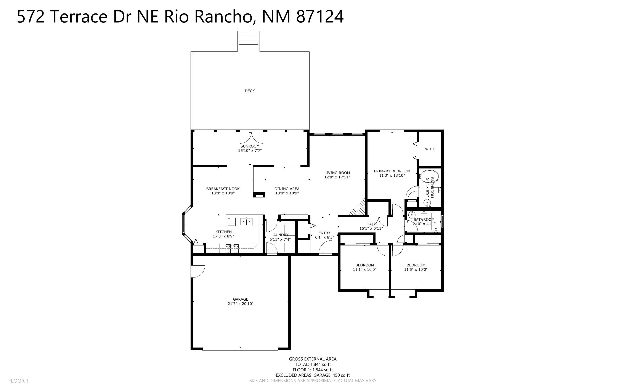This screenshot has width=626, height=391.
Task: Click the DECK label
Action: (x=250, y=91)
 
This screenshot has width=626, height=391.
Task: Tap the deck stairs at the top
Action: (x=249, y=42)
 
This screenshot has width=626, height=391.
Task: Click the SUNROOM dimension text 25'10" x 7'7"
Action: (x=250, y=151)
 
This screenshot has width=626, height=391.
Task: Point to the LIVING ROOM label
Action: (x=337, y=173)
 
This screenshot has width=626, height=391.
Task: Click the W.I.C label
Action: (x=430, y=149)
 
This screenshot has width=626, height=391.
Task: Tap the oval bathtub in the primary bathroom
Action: (x=429, y=176)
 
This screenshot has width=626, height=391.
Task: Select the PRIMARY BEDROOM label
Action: (x=392, y=171)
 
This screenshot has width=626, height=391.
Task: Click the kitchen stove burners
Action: (x=232, y=248)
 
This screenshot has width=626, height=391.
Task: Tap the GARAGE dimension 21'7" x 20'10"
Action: (x=241, y=304)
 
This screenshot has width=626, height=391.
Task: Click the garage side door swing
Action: (x=198, y=271)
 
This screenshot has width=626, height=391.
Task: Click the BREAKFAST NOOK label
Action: (x=223, y=189)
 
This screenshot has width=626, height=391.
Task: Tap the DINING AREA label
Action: (x=287, y=189)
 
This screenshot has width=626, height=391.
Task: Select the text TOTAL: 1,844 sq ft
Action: (x=313, y=364)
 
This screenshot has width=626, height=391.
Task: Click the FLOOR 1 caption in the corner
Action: (x=19, y=381)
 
